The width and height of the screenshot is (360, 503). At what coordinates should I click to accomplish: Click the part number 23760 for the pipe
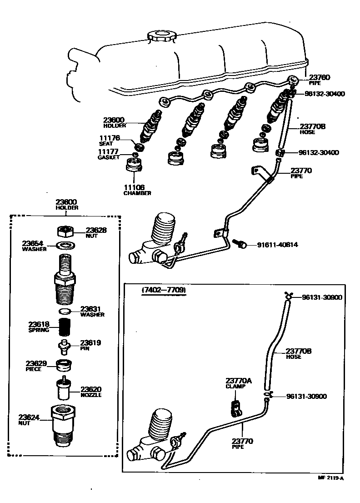click(x=320, y=78)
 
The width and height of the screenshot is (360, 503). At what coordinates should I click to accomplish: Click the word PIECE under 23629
click(x=34, y=369)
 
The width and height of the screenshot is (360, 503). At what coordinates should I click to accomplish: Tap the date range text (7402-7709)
click(x=165, y=290)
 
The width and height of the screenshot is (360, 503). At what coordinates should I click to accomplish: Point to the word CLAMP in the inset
click(x=235, y=386)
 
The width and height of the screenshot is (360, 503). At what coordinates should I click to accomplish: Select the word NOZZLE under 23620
click(x=91, y=395)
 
